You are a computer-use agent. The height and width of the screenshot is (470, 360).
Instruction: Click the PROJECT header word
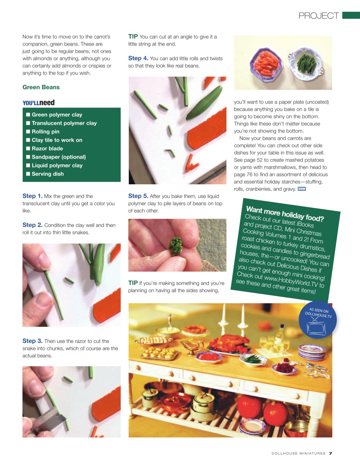[319, 16]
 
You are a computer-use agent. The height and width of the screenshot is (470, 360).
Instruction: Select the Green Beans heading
[41, 87]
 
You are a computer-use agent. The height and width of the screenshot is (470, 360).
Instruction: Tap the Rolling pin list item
[46, 131]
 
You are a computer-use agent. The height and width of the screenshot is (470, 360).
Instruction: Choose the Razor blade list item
[47, 148]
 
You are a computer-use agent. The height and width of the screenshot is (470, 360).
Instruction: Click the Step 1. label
[32, 196]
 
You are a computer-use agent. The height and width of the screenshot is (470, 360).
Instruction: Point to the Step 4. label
[138, 58]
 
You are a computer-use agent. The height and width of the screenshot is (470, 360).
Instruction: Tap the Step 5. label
[138, 196]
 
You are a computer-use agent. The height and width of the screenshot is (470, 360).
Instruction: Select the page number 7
[330, 453]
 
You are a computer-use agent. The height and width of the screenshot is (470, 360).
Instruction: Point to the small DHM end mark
[302, 189]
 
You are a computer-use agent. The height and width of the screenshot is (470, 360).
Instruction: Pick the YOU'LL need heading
[39, 103]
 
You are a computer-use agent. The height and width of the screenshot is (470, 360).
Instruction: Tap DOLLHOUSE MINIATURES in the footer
[298, 453]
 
